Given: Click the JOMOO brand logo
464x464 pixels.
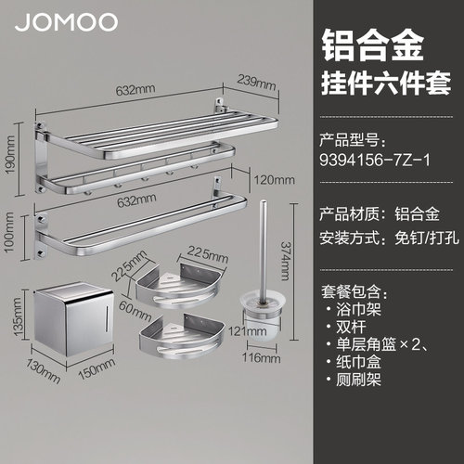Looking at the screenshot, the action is tap(66, 22).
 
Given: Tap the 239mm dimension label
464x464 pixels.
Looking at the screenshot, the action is tap(256, 83).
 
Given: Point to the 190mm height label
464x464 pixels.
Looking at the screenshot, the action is tap(10, 155).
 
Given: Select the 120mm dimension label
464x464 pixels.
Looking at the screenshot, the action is tap(275, 180).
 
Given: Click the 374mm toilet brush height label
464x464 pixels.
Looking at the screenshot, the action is tap(285, 261).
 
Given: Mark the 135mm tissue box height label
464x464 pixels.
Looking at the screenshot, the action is tap(17, 316).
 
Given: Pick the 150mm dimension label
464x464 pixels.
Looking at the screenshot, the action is tap(97, 368).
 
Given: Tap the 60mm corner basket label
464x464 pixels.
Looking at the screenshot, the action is tap(135, 311).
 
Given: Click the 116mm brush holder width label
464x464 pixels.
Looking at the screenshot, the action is tap(262, 358).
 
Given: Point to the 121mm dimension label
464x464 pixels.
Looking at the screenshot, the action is tap(248, 331).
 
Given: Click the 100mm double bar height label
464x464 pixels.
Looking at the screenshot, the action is tap(9, 232).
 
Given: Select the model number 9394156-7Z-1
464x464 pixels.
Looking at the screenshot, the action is tap(375, 161).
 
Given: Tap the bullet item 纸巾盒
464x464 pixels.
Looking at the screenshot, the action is tap(359, 362).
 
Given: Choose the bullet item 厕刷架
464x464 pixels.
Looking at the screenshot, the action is tap(359, 380).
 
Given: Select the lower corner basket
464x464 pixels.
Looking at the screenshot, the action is tap(182, 337).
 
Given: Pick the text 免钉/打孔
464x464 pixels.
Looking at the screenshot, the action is tap(427, 238).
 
